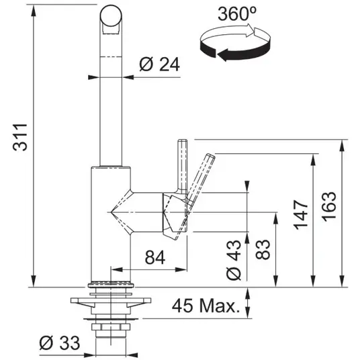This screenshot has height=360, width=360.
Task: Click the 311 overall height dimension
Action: [x=20, y=137]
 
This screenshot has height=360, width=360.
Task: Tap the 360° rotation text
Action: [x=237, y=14]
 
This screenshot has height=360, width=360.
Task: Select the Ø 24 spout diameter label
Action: [x=160, y=64]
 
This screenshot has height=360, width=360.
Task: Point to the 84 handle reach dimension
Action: [x=155, y=257]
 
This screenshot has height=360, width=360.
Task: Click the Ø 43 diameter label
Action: [x=234, y=260]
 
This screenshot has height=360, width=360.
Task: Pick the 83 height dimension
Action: [x=263, y=250]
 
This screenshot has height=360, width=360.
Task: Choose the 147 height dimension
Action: [x=301, y=215]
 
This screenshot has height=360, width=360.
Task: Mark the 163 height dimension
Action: [x=330, y=207]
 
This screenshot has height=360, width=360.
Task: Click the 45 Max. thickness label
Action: [x=206, y=306]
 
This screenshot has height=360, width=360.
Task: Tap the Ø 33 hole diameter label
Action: [x=60, y=343]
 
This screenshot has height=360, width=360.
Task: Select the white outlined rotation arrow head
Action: [x=251, y=30]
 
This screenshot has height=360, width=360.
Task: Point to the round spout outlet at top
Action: [x=111, y=16]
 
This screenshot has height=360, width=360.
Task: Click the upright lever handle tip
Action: [x=183, y=140]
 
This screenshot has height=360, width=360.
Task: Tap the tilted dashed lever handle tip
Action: [x=211, y=155]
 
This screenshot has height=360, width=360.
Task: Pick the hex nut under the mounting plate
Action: [x=111, y=326]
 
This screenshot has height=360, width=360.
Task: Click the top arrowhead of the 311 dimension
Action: [x=34, y=10]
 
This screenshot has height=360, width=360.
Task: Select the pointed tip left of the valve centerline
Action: [x=111, y=212]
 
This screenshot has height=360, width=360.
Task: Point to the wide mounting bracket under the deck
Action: [x=111, y=302]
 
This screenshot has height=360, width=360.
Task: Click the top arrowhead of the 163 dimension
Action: [x=342, y=145]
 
